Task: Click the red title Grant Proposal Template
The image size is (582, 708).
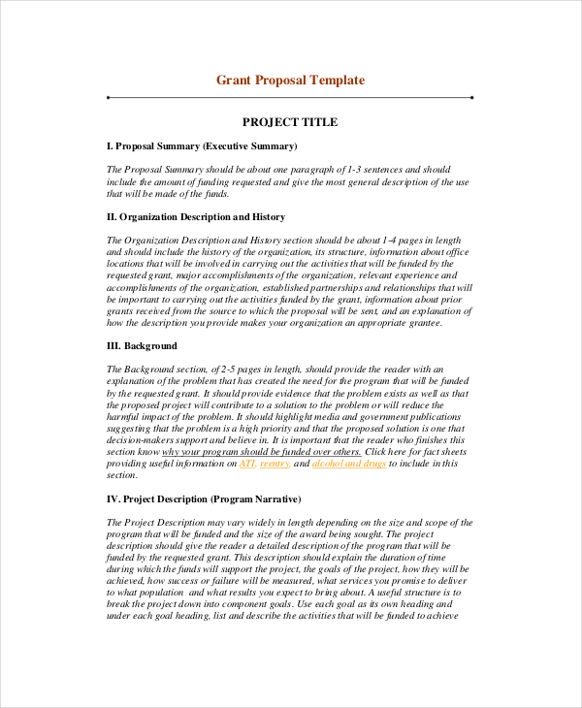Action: point(290,80)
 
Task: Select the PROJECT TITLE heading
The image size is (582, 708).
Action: point(290,122)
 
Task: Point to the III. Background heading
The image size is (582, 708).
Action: point(142,345)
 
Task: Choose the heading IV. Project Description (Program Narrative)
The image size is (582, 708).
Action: point(204,499)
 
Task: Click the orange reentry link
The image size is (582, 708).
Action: point(275,464)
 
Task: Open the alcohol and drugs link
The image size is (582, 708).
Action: point(350,464)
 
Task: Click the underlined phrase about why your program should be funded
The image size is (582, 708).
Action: point(262,452)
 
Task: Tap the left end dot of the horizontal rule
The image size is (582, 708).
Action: point(108,98)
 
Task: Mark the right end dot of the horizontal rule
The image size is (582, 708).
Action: point(471,98)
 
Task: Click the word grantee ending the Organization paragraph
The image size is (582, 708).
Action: point(421,323)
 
